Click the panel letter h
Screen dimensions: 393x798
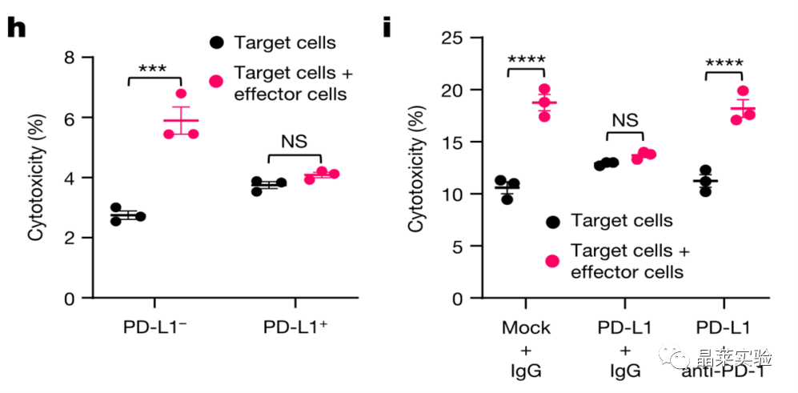(x=17, y=27)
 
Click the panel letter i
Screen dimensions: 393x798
(x=387, y=27)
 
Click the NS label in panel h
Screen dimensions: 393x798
(x=293, y=141)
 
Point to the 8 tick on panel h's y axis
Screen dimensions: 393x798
(x=70, y=58)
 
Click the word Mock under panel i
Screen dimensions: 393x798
(x=525, y=328)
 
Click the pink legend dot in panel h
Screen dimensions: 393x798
(x=216, y=82)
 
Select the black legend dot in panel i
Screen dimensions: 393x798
(x=551, y=221)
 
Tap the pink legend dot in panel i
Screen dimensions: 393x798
(x=551, y=261)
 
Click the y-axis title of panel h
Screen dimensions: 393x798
(x=36, y=178)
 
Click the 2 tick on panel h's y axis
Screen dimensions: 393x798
(x=70, y=239)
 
